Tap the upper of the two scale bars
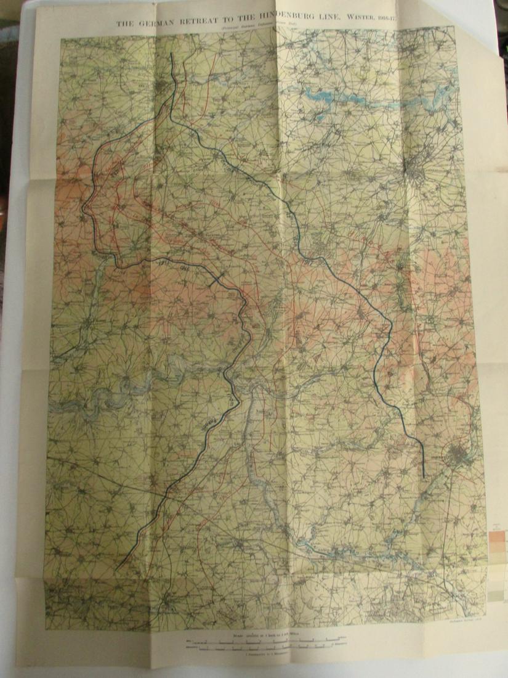(265, 642)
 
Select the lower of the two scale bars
(265, 648)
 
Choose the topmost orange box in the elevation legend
(496, 536)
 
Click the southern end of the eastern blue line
(424, 476)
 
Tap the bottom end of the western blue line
(116, 568)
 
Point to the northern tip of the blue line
(171, 54)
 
